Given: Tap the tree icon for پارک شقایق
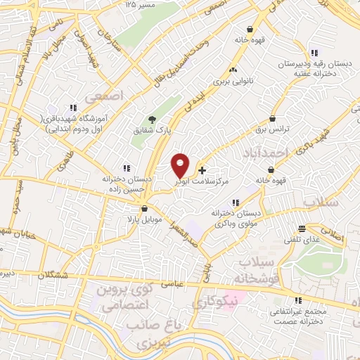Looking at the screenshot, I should click(153, 120).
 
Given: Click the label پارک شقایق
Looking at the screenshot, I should click(151, 131).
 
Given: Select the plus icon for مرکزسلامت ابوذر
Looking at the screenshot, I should click(202, 170).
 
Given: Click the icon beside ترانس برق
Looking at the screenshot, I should click(272, 119).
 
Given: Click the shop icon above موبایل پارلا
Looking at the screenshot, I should click(145, 208).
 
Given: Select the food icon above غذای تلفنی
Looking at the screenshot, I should click(302, 229).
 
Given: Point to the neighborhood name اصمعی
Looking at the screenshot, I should click(103, 92).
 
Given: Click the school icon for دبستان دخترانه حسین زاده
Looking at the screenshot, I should click(127, 168).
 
